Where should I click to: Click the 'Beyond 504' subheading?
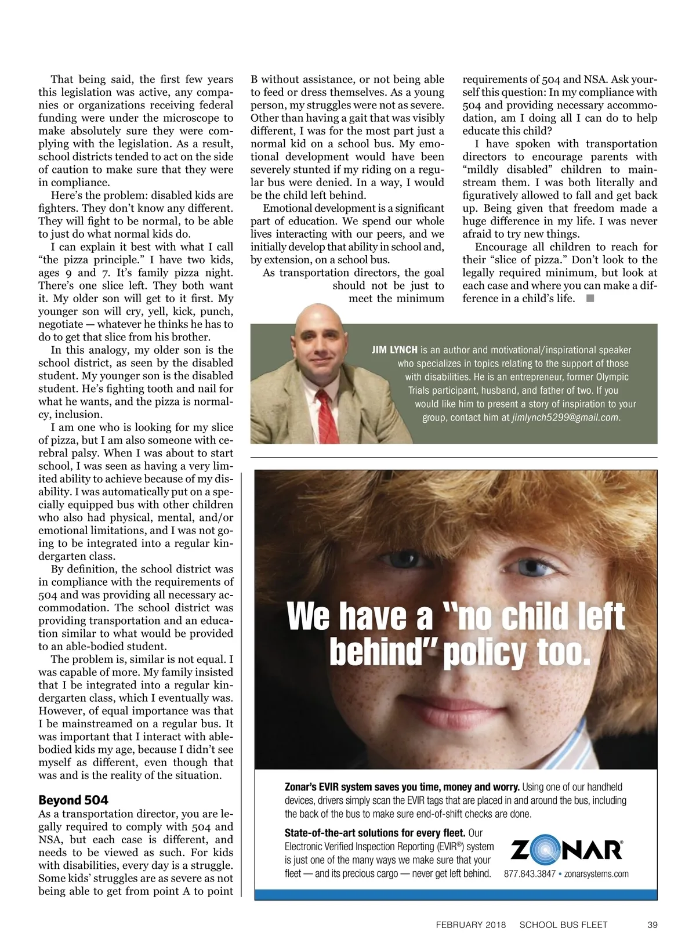pos(73,800)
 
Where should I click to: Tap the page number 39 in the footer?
pos(652,924)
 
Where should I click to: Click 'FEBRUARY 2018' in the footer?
pos(470,924)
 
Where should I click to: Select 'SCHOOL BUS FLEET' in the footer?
pos(563,924)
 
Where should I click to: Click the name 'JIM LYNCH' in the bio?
pos(394,350)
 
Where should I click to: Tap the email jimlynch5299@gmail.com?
pos(565,417)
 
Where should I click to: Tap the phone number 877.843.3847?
pos(529,873)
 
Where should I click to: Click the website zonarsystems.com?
pos(596,873)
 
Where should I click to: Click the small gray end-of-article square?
pos(590,298)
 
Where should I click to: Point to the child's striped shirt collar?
pos(603,748)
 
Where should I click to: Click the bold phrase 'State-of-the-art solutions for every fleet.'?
pos(375,833)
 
